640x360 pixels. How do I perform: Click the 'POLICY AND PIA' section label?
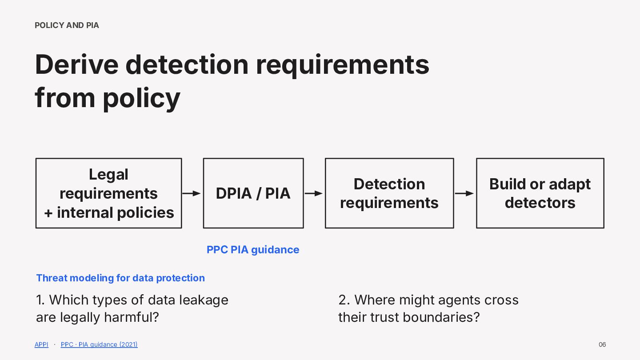[67, 25]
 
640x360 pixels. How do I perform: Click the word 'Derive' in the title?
[76, 64]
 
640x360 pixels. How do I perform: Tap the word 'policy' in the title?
[141, 99]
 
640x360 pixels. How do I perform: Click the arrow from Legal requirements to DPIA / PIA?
[192, 193]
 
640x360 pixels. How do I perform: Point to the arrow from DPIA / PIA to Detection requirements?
[313, 193]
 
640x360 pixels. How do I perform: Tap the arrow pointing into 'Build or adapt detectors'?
[464, 193]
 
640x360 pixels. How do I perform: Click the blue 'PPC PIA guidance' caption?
[253, 250]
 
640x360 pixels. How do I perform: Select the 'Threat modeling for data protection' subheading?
[120, 278]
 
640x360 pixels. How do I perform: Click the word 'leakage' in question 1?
[204, 300]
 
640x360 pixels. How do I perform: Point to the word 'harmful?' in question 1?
[132, 317]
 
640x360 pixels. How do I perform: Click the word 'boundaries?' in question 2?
[441, 317]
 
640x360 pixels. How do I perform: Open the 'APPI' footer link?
[41, 344]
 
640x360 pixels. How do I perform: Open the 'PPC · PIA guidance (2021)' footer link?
[99, 344]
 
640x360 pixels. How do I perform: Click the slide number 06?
[602, 344]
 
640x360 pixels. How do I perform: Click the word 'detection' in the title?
[187, 64]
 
